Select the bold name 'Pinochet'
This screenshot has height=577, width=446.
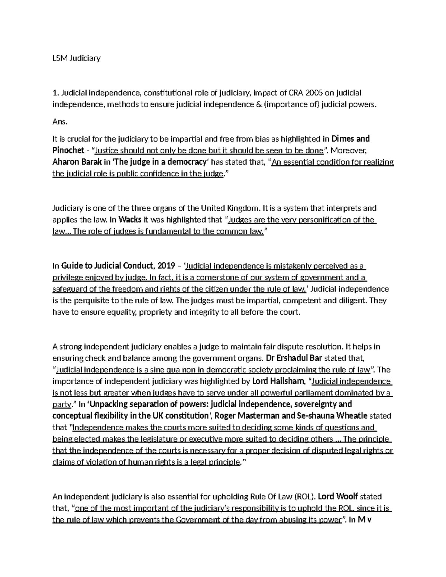tap(68, 150)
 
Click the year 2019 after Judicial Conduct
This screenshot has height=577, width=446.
tap(167, 266)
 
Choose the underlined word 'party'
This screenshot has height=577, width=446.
tap(61, 404)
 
